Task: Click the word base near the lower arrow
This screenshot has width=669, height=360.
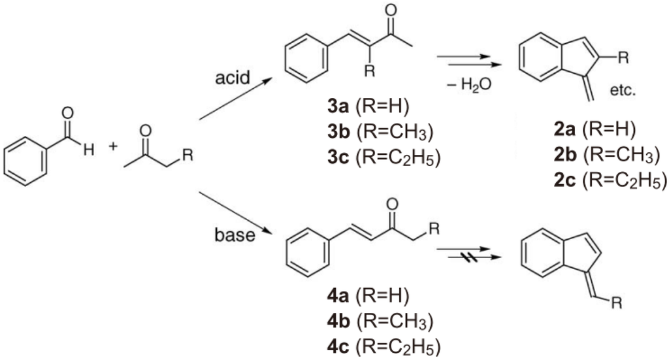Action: point(232,235)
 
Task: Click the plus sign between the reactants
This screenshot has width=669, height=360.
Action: point(112,146)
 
